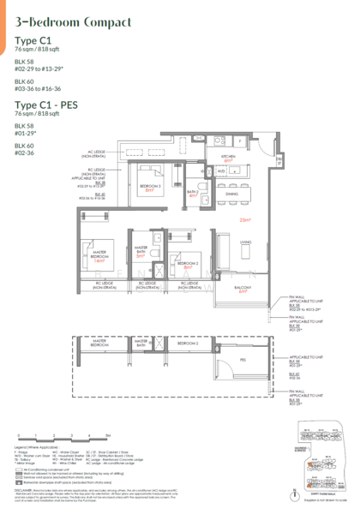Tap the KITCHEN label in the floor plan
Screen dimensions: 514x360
click(x=230, y=158)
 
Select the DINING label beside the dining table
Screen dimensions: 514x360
click(x=231, y=194)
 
